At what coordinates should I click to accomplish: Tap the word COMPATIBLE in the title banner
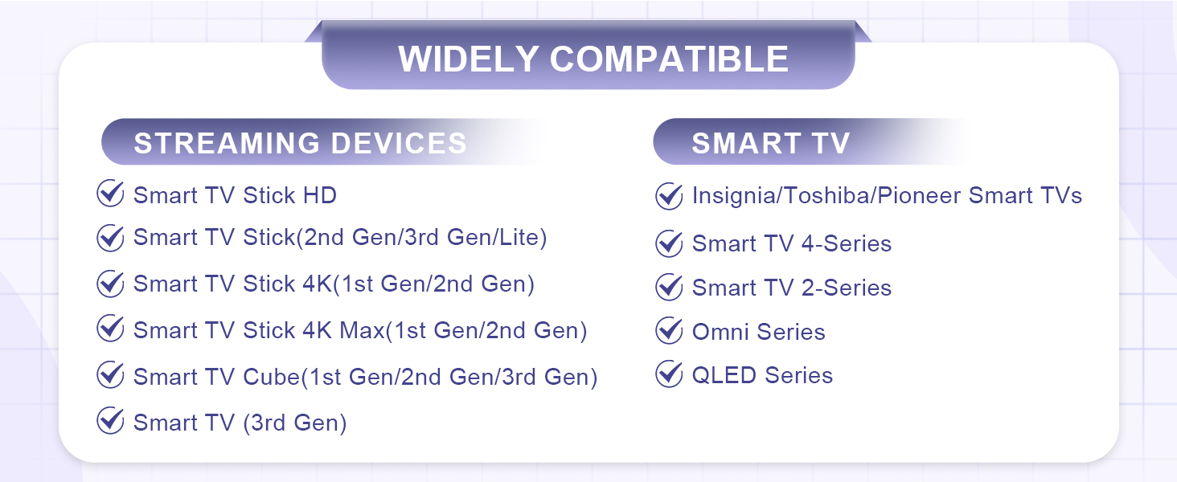click(670, 59)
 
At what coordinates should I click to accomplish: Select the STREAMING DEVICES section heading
click(300, 143)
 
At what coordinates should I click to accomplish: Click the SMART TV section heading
click(770, 143)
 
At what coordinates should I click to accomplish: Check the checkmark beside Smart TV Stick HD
click(109, 194)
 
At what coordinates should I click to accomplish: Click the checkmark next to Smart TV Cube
click(109, 375)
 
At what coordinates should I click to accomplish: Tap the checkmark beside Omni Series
click(669, 330)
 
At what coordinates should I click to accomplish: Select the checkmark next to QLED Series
click(669, 374)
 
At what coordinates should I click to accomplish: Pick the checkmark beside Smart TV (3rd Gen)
click(109, 421)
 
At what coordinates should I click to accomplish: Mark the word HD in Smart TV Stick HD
click(319, 195)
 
